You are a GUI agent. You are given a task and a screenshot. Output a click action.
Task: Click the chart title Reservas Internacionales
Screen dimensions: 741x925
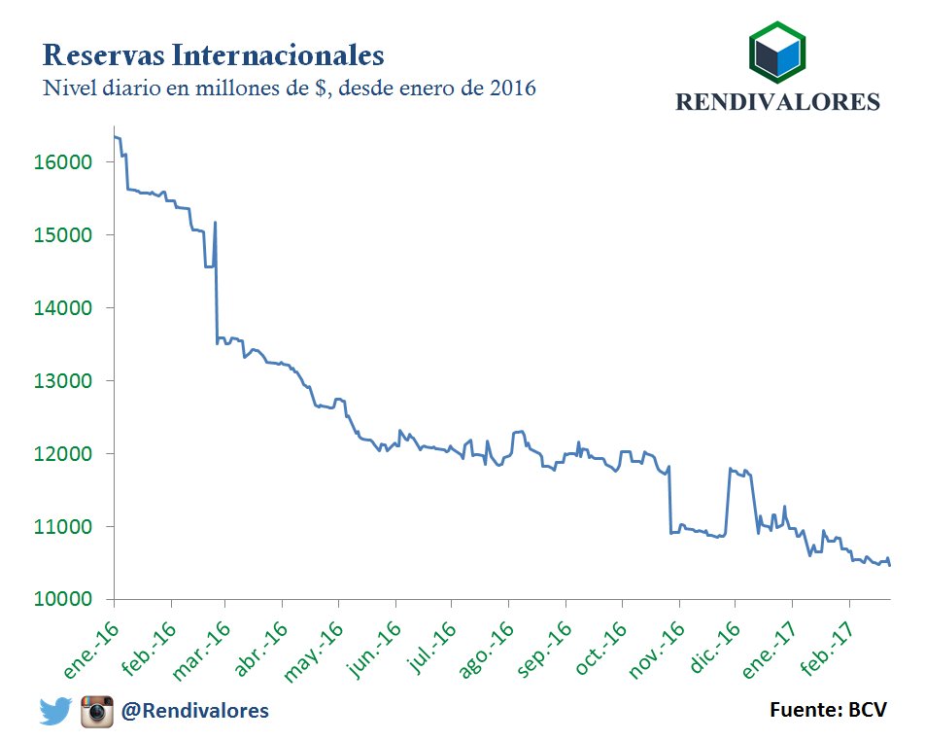tap(214, 52)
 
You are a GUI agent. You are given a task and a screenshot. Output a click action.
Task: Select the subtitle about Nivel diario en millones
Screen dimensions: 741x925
tap(290, 88)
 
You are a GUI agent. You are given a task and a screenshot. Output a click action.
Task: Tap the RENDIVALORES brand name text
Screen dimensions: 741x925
tap(777, 102)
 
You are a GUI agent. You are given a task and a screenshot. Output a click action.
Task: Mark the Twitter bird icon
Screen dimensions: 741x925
tap(55, 712)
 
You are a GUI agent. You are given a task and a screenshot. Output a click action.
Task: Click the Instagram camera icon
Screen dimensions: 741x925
tap(97, 711)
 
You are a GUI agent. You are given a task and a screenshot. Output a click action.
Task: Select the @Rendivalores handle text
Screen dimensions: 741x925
tap(194, 712)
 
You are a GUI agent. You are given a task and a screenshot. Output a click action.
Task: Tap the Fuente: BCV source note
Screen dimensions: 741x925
tap(828, 710)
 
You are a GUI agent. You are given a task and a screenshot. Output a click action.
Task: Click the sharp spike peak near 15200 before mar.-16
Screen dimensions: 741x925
tap(215, 223)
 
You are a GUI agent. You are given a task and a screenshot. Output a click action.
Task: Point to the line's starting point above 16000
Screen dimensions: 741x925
tap(116, 137)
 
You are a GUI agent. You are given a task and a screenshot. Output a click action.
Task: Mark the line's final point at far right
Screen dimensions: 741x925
tap(890, 564)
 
